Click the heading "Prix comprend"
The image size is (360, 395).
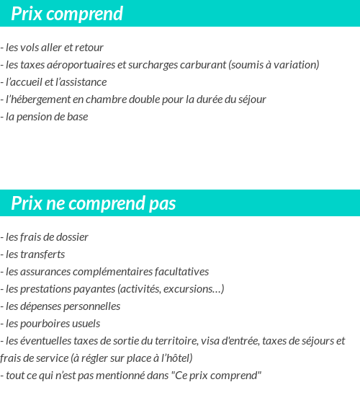coord(67,14)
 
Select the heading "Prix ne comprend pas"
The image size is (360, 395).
coord(94,204)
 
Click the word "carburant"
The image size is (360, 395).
coord(204,65)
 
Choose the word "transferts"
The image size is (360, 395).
coord(42,254)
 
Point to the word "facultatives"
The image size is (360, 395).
coord(180,271)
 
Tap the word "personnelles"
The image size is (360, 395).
coord(90,306)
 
